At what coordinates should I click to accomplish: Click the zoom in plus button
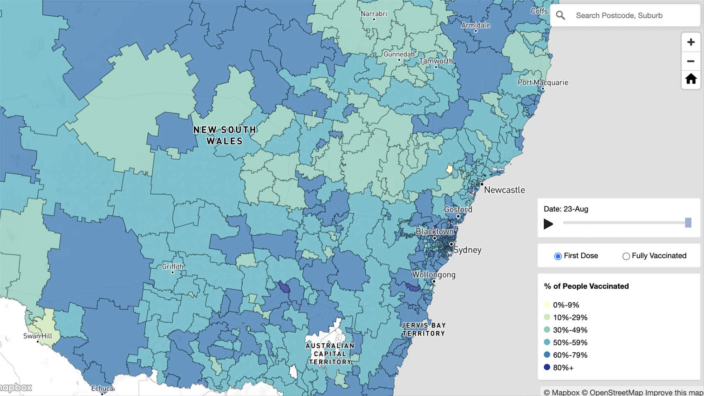point(691,42)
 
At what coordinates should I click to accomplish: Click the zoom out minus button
point(691,61)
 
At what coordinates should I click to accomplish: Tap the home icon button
point(691,79)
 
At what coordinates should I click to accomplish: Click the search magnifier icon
point(560,15)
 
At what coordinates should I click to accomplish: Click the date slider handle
point(688,223)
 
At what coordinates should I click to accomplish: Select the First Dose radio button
point(558,256)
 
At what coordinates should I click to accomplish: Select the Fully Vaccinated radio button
point(626,256)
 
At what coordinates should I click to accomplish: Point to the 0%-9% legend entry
point(566,305)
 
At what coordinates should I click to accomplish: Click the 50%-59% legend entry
point(570,342)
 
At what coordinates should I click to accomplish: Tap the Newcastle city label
point(504,190)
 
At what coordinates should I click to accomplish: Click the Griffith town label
point(172,266)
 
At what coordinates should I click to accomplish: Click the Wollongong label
point(433,275)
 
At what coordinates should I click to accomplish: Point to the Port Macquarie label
point(543,83)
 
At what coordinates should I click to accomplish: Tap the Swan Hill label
point(38,336)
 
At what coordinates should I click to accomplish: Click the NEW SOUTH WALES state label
point(225,135)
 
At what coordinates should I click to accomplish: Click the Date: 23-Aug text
point(566,209)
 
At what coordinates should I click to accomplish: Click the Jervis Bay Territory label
point(424,329)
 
